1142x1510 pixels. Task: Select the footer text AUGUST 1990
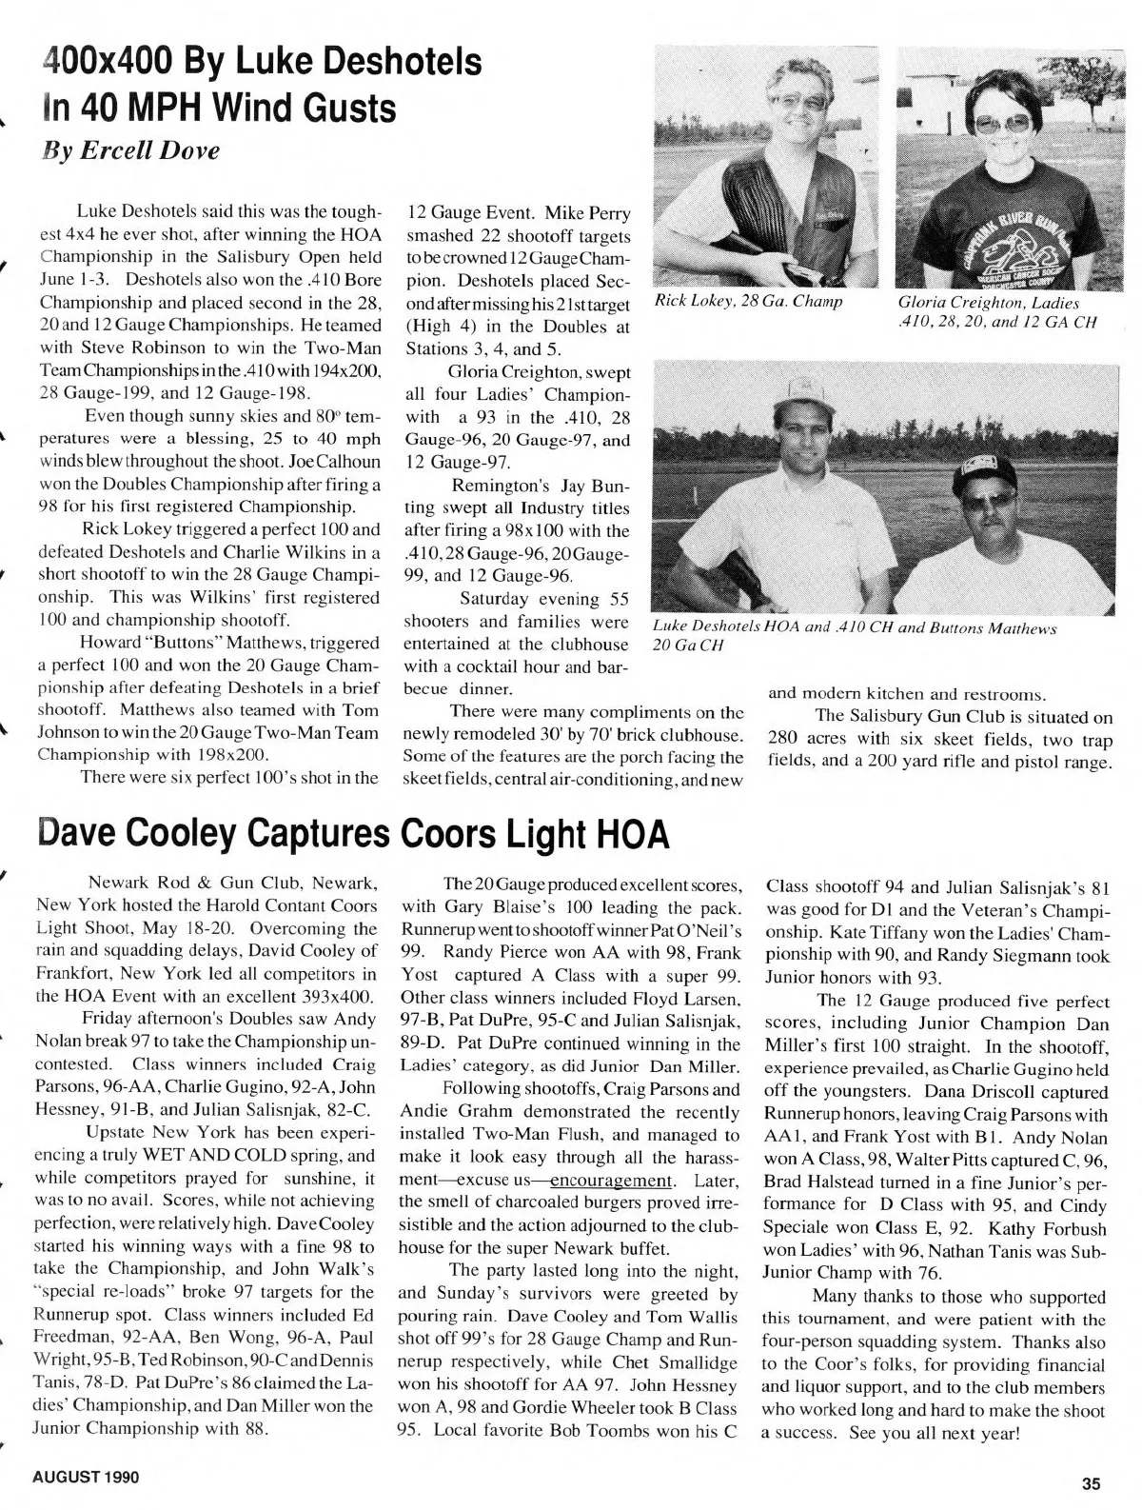(x=86, y=1478)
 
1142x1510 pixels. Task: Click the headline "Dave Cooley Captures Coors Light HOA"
(x=352, y=834)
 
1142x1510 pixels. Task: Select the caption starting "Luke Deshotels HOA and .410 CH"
(x=854, y=637)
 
